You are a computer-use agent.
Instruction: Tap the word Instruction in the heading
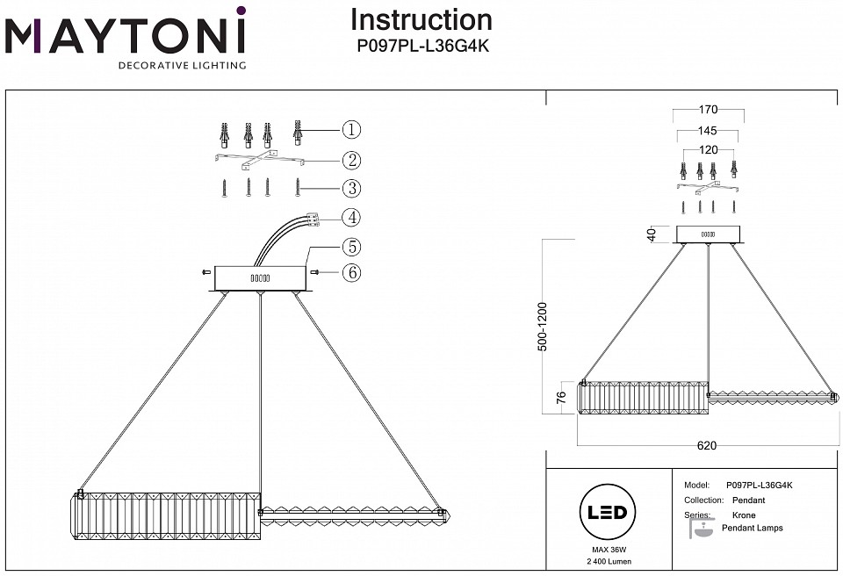pyautogui.click(x=421, y=19)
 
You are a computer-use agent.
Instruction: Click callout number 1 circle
pyautogui.click(x=351, y=130)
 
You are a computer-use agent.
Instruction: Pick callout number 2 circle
pyautogui.click(x=351, y=160)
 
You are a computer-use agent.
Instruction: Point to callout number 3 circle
pyautogui.click(x=351, y=188)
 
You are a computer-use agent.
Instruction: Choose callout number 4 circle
pyautogui.click(x=351, y=217)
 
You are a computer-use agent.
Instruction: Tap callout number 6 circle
pyautogui.click(x=351, y=273)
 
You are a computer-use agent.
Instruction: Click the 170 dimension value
pyautogui.click(x=708, y=111)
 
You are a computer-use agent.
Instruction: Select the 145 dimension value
pyautogui.click(x=708, y=131)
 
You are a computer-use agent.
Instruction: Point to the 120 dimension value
pyautogui.click(x=708, y=150)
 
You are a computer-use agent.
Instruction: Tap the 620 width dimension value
pyautogui.click(x=707, y=445)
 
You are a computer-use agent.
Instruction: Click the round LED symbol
pyautogui.click(x=607, y=513)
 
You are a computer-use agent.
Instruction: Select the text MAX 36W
pyautogui.click(x=607, y=549)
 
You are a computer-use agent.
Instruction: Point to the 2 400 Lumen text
pyautogui.click(x=607, y=560)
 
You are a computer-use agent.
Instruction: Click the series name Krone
pyautogui.click(x=744, y=515)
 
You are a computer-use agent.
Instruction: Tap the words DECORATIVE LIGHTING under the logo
pyautogui.click(x=182, y=66)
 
